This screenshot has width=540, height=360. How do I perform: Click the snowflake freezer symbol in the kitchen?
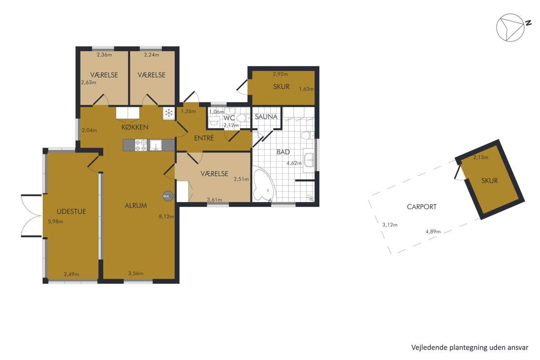(169, 112)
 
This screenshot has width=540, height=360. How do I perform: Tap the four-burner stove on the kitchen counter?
(141, 145)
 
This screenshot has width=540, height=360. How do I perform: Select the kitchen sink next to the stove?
(156, 145)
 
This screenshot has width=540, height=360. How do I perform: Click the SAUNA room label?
(266, 117)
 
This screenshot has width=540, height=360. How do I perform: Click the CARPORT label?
(422, 207)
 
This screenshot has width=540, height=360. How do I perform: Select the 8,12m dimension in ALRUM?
(166, 216)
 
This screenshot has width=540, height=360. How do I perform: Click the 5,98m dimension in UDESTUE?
(55, 221)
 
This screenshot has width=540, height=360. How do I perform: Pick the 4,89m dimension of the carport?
(433, 232)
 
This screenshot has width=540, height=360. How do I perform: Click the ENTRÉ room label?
(204, 138)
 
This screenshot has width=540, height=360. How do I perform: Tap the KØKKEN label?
(135, 127)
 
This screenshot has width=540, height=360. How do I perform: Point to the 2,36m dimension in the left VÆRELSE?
(104, 55)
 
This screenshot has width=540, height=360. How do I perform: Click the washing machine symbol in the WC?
(214, 122)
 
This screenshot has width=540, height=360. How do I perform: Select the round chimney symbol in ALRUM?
(168, 196)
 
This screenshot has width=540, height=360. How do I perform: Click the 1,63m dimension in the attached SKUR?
(306, 89)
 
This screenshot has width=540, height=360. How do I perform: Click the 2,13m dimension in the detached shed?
(481, 157)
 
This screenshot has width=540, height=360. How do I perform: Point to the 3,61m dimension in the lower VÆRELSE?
(215, 200)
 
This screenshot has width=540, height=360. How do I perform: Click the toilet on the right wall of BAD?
(307, 135)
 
